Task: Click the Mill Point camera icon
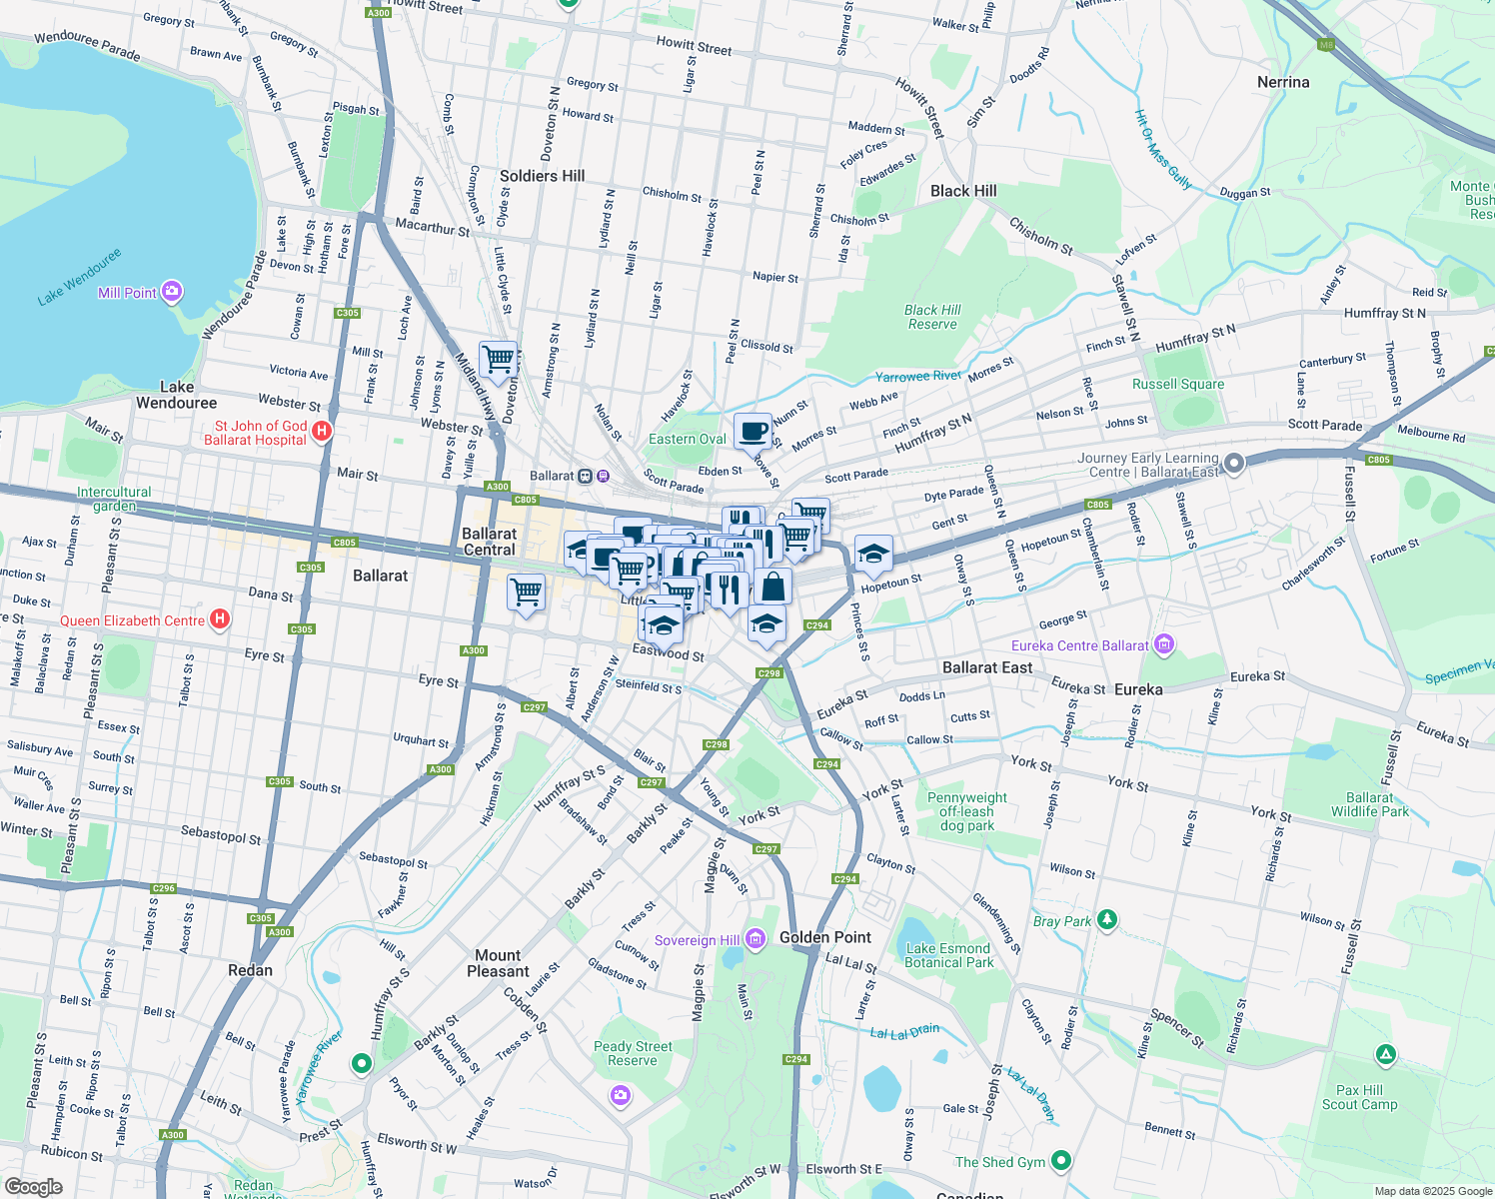pos(172,292)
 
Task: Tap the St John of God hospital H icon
pos(322,432)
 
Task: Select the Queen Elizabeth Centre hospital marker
pos(221,619)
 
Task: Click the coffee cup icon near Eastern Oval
pos(752,432)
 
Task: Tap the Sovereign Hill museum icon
pos(755,938)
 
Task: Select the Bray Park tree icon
pos(1106,919)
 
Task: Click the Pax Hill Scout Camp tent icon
pos(1385,1054)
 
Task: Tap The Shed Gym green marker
pos(1061,1161)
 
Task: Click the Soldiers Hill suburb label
pos(542,176)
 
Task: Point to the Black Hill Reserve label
pos(932,317)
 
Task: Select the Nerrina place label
pos(1283,82)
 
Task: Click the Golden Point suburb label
pos(825,937)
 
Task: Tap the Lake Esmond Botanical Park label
pos(948,955)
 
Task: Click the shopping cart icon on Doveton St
pos(498,358)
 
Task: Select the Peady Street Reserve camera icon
pos(621,1096)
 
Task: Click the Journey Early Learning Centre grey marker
pos(1234,463)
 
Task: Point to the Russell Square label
pos(1177,384)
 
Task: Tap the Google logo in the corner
pos(33,1186)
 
